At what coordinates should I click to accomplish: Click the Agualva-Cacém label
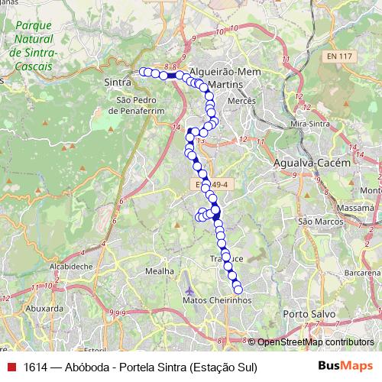click(x=312, y=163)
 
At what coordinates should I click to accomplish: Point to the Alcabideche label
click(x=71, y=267)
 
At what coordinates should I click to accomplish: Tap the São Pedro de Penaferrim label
click(x=138, y=105)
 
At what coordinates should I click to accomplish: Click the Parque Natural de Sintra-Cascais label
click(x=32, y=46)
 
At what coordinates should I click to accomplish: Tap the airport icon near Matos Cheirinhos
click(x=189, y=291)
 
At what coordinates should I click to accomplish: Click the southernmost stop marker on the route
click(x=238, y=290)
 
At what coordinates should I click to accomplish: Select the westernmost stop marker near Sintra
click(x=142, y=72)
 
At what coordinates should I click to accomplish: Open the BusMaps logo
click(x=345, y=367)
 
